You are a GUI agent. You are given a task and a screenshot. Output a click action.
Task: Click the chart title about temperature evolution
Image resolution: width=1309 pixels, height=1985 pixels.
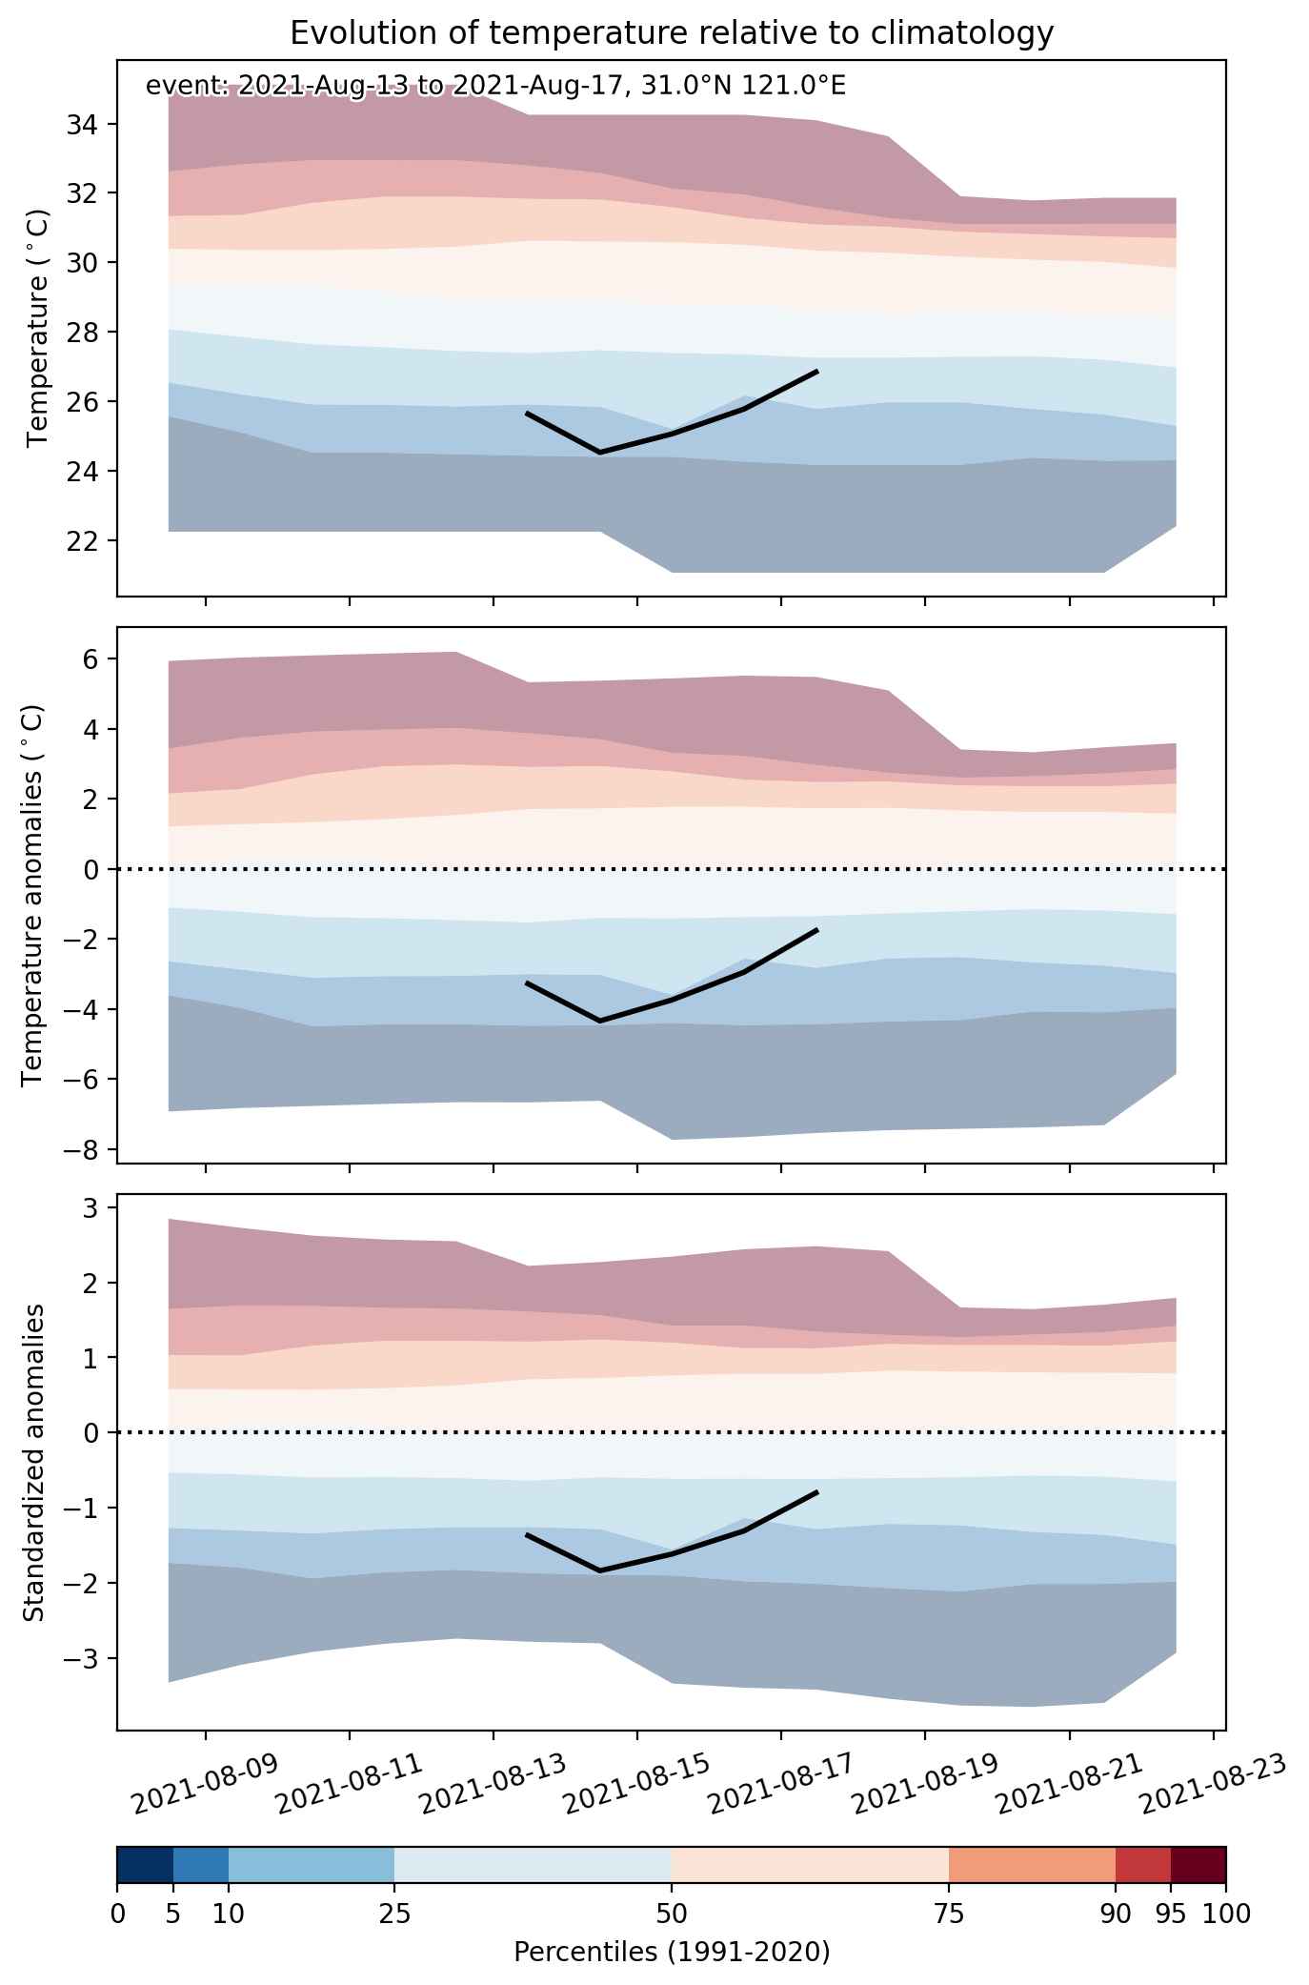pyautogui.click(x=672, y=33)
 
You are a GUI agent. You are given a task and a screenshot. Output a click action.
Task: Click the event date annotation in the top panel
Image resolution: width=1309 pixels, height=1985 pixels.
pyautogui.click(x=495, y=87)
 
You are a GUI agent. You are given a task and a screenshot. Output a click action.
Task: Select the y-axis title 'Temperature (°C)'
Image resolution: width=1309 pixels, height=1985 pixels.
pyautogui.click(x=37, y=328)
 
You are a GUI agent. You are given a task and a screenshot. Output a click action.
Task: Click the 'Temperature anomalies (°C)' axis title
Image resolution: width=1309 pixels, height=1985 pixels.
pyautogui.click(x=33, y=895)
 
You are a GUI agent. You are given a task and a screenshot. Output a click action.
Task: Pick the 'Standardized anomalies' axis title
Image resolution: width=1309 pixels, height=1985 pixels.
pyautogui.click(x=33, y=1462)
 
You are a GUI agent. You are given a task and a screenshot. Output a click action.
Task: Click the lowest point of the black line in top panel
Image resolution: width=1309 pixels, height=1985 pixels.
pyautogui.click(x=600, y=452)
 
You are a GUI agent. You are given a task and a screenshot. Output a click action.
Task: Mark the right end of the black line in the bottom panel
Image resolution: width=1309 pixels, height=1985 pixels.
pyautogui.click(x=817, y=1491)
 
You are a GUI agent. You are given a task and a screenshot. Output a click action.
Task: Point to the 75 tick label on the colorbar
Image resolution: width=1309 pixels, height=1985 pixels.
pyautogui.click(x=949, y=1913)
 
